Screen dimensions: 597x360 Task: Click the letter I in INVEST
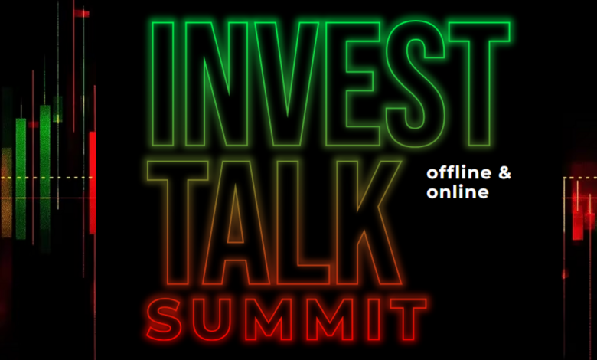[x=163, y=83]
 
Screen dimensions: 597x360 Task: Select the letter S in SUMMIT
[x=164, y=319]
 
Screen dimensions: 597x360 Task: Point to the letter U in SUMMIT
[x=209, y=335]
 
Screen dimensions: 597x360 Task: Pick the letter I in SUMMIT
[x=374, y=319]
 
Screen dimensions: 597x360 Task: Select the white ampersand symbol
[x=504, y=173]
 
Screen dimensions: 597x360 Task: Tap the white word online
[x=457, y=191]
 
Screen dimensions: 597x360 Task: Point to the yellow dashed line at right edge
[x=580, y=178]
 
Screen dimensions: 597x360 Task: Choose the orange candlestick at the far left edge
[x=6, y=192]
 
